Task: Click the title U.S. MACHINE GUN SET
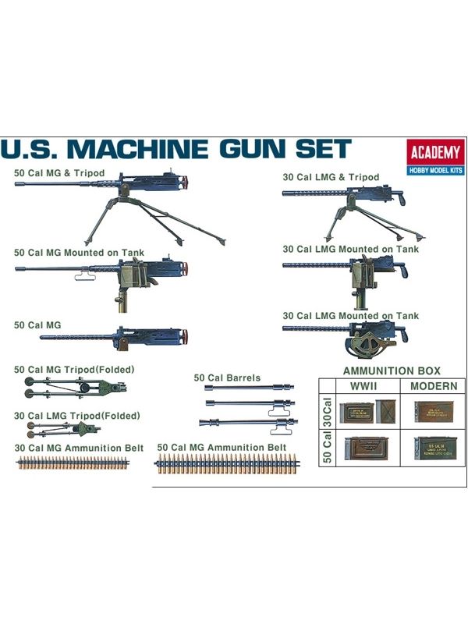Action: pos(176,150)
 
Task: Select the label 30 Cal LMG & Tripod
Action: pos(331,177)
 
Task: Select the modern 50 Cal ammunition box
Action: pos(431,447)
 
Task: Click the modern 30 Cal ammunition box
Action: pos(431,412)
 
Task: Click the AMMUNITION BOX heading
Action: pos(392,370)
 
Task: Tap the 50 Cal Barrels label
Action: pos(227,378)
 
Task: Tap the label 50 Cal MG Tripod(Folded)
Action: pos(75,368)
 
